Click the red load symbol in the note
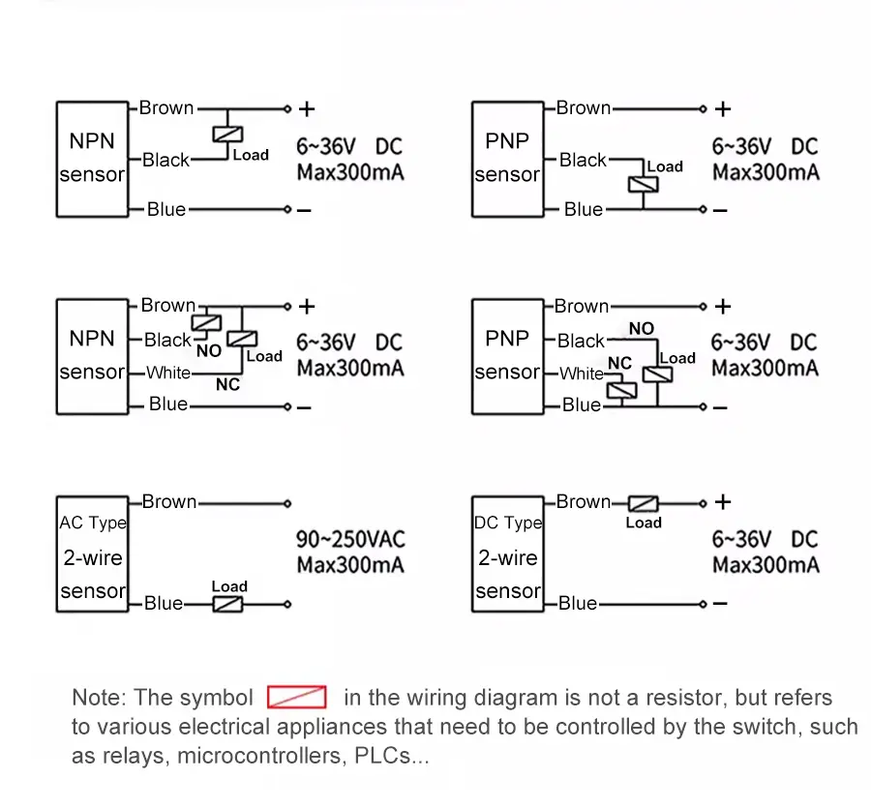pyautogui.click(x=296, y=697)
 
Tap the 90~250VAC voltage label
pyautogui.click(x=350, y=539)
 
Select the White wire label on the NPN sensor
pyautogui.click(x=167, y=373)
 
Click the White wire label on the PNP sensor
pyautogui.click(x=581, y=374)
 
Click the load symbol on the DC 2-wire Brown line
pyautogui.click(x=643, y=503)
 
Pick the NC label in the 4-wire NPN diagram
pyautogui.click(x=227, y=385)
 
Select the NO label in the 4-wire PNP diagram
pyautogui.click(x=641, y=329)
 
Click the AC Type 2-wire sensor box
pyautogui.click(x=92, y=554)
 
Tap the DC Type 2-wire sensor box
pyautogui.click(x=508, y=554)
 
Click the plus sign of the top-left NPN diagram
pyautogui.click(x=306, y=108)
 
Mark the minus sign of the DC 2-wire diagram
pyautogui.click(x=720, y=604)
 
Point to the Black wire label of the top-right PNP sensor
pyautogui.click(x=583, y=160)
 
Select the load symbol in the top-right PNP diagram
pyautogui.click(x=639, y=184)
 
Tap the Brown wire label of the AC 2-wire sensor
pyautogui.click(x=169, y=501)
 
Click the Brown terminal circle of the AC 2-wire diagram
pyautogui.click(x=287, y=503)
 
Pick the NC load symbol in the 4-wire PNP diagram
pyautogui.click(x=618, y=389)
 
